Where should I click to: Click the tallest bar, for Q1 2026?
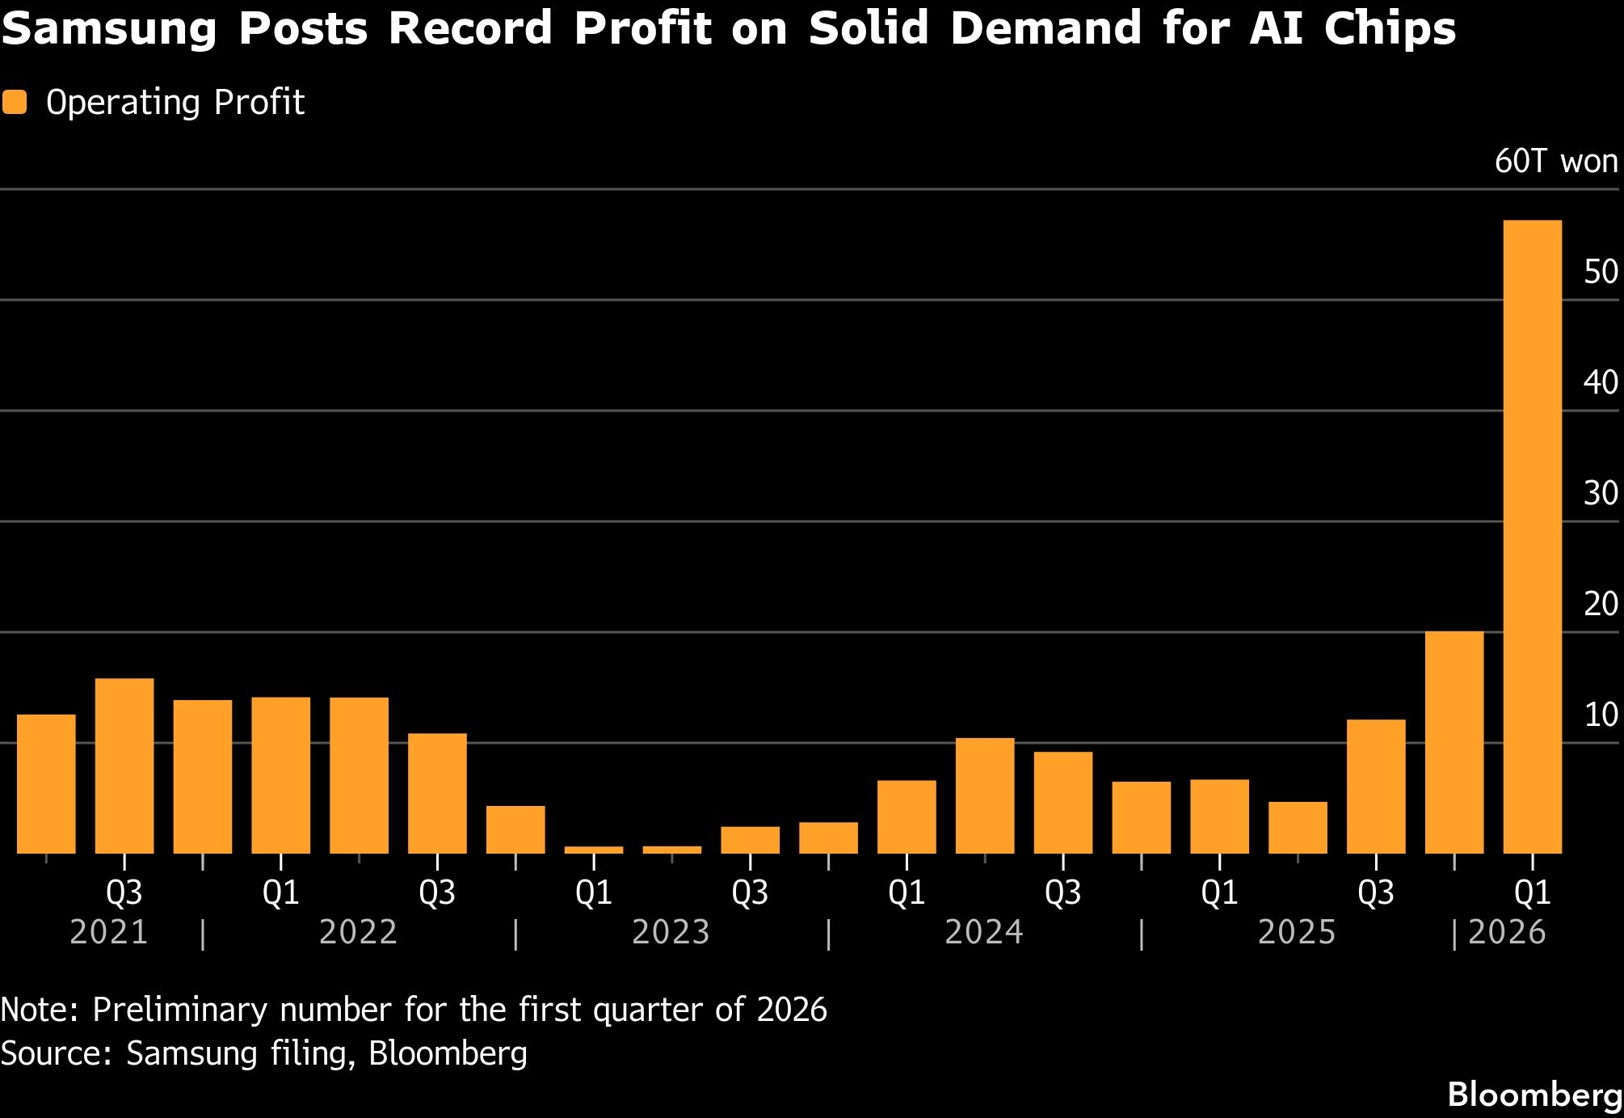coord(1532,537)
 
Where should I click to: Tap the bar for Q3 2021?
coord(124,766)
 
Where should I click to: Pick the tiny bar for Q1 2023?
coord(594,850)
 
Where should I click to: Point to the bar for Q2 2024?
coord(985,795)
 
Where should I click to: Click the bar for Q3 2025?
coord(1376,786)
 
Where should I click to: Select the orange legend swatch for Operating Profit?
coord(15,103)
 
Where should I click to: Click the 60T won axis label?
coord(1555,162)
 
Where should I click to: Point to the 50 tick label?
coord(1600,272)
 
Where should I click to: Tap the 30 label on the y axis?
coord(1600,493)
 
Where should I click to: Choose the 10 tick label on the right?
coord(1600,715)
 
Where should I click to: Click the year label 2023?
coord(671,932)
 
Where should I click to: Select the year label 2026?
coord(1507,932)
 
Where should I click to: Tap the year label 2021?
coord(109,932)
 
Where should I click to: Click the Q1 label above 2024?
coord(907,892)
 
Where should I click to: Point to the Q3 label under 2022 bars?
coord(437,892)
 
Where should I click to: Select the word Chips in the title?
coord(1389,30)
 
